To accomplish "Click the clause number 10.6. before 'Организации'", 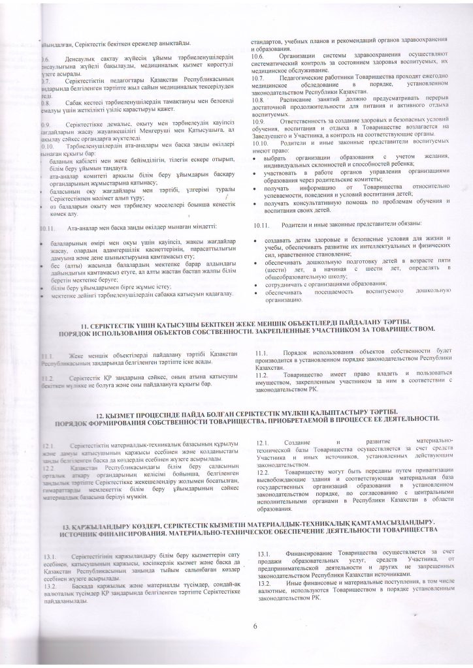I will coord(259,56).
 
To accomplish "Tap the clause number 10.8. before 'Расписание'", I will coord(259,99).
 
